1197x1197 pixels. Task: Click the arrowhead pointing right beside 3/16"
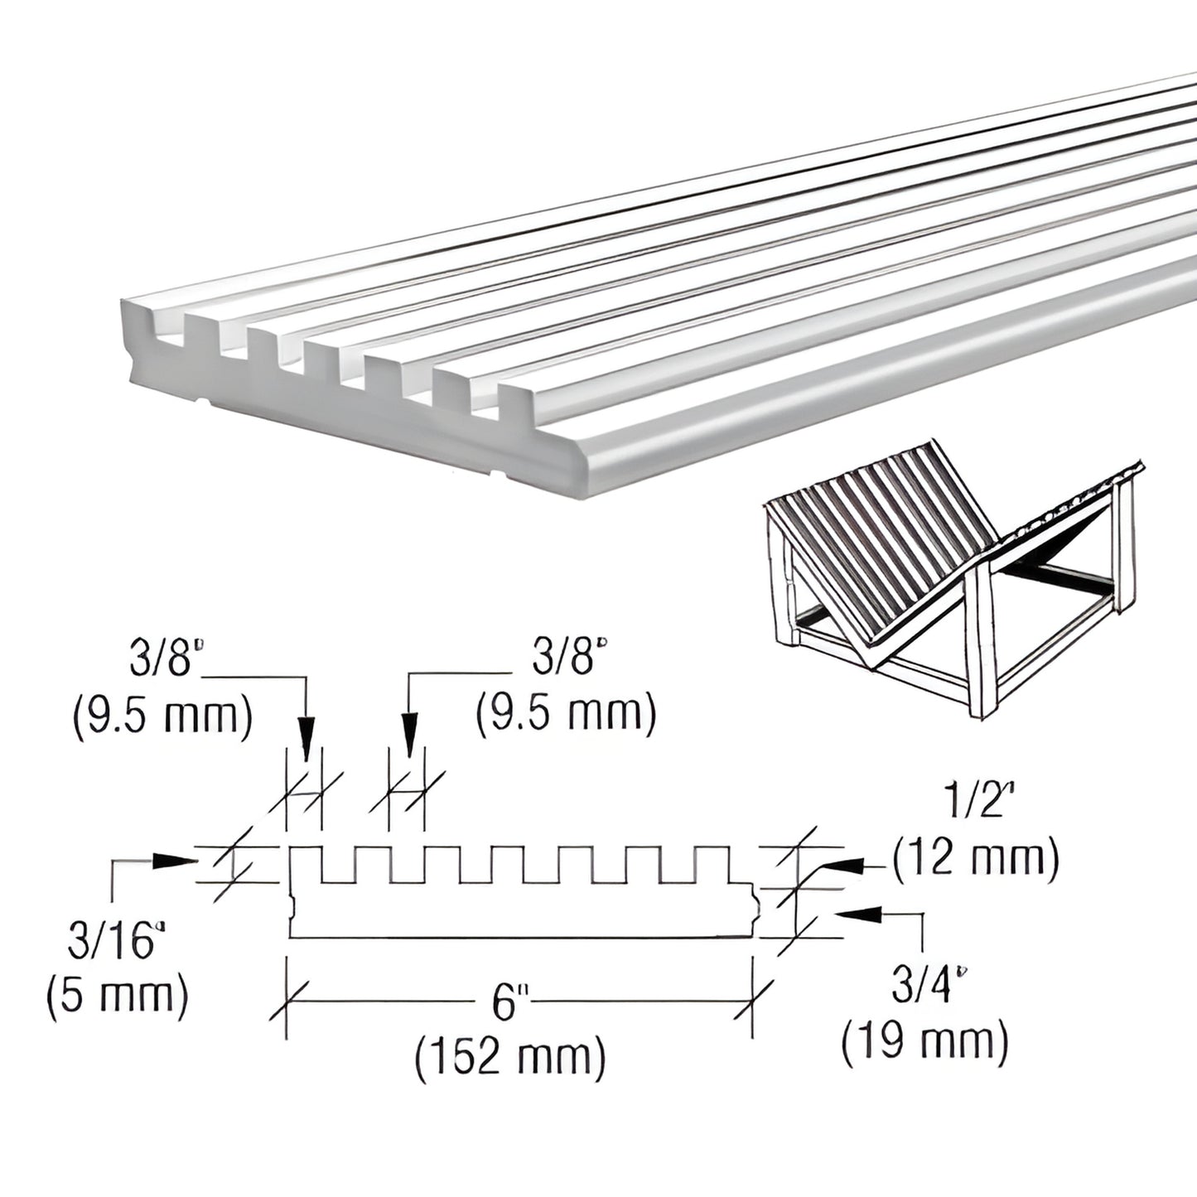[175, 861]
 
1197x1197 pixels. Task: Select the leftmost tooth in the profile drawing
[306, 863]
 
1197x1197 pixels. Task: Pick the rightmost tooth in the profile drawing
[712, 863]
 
